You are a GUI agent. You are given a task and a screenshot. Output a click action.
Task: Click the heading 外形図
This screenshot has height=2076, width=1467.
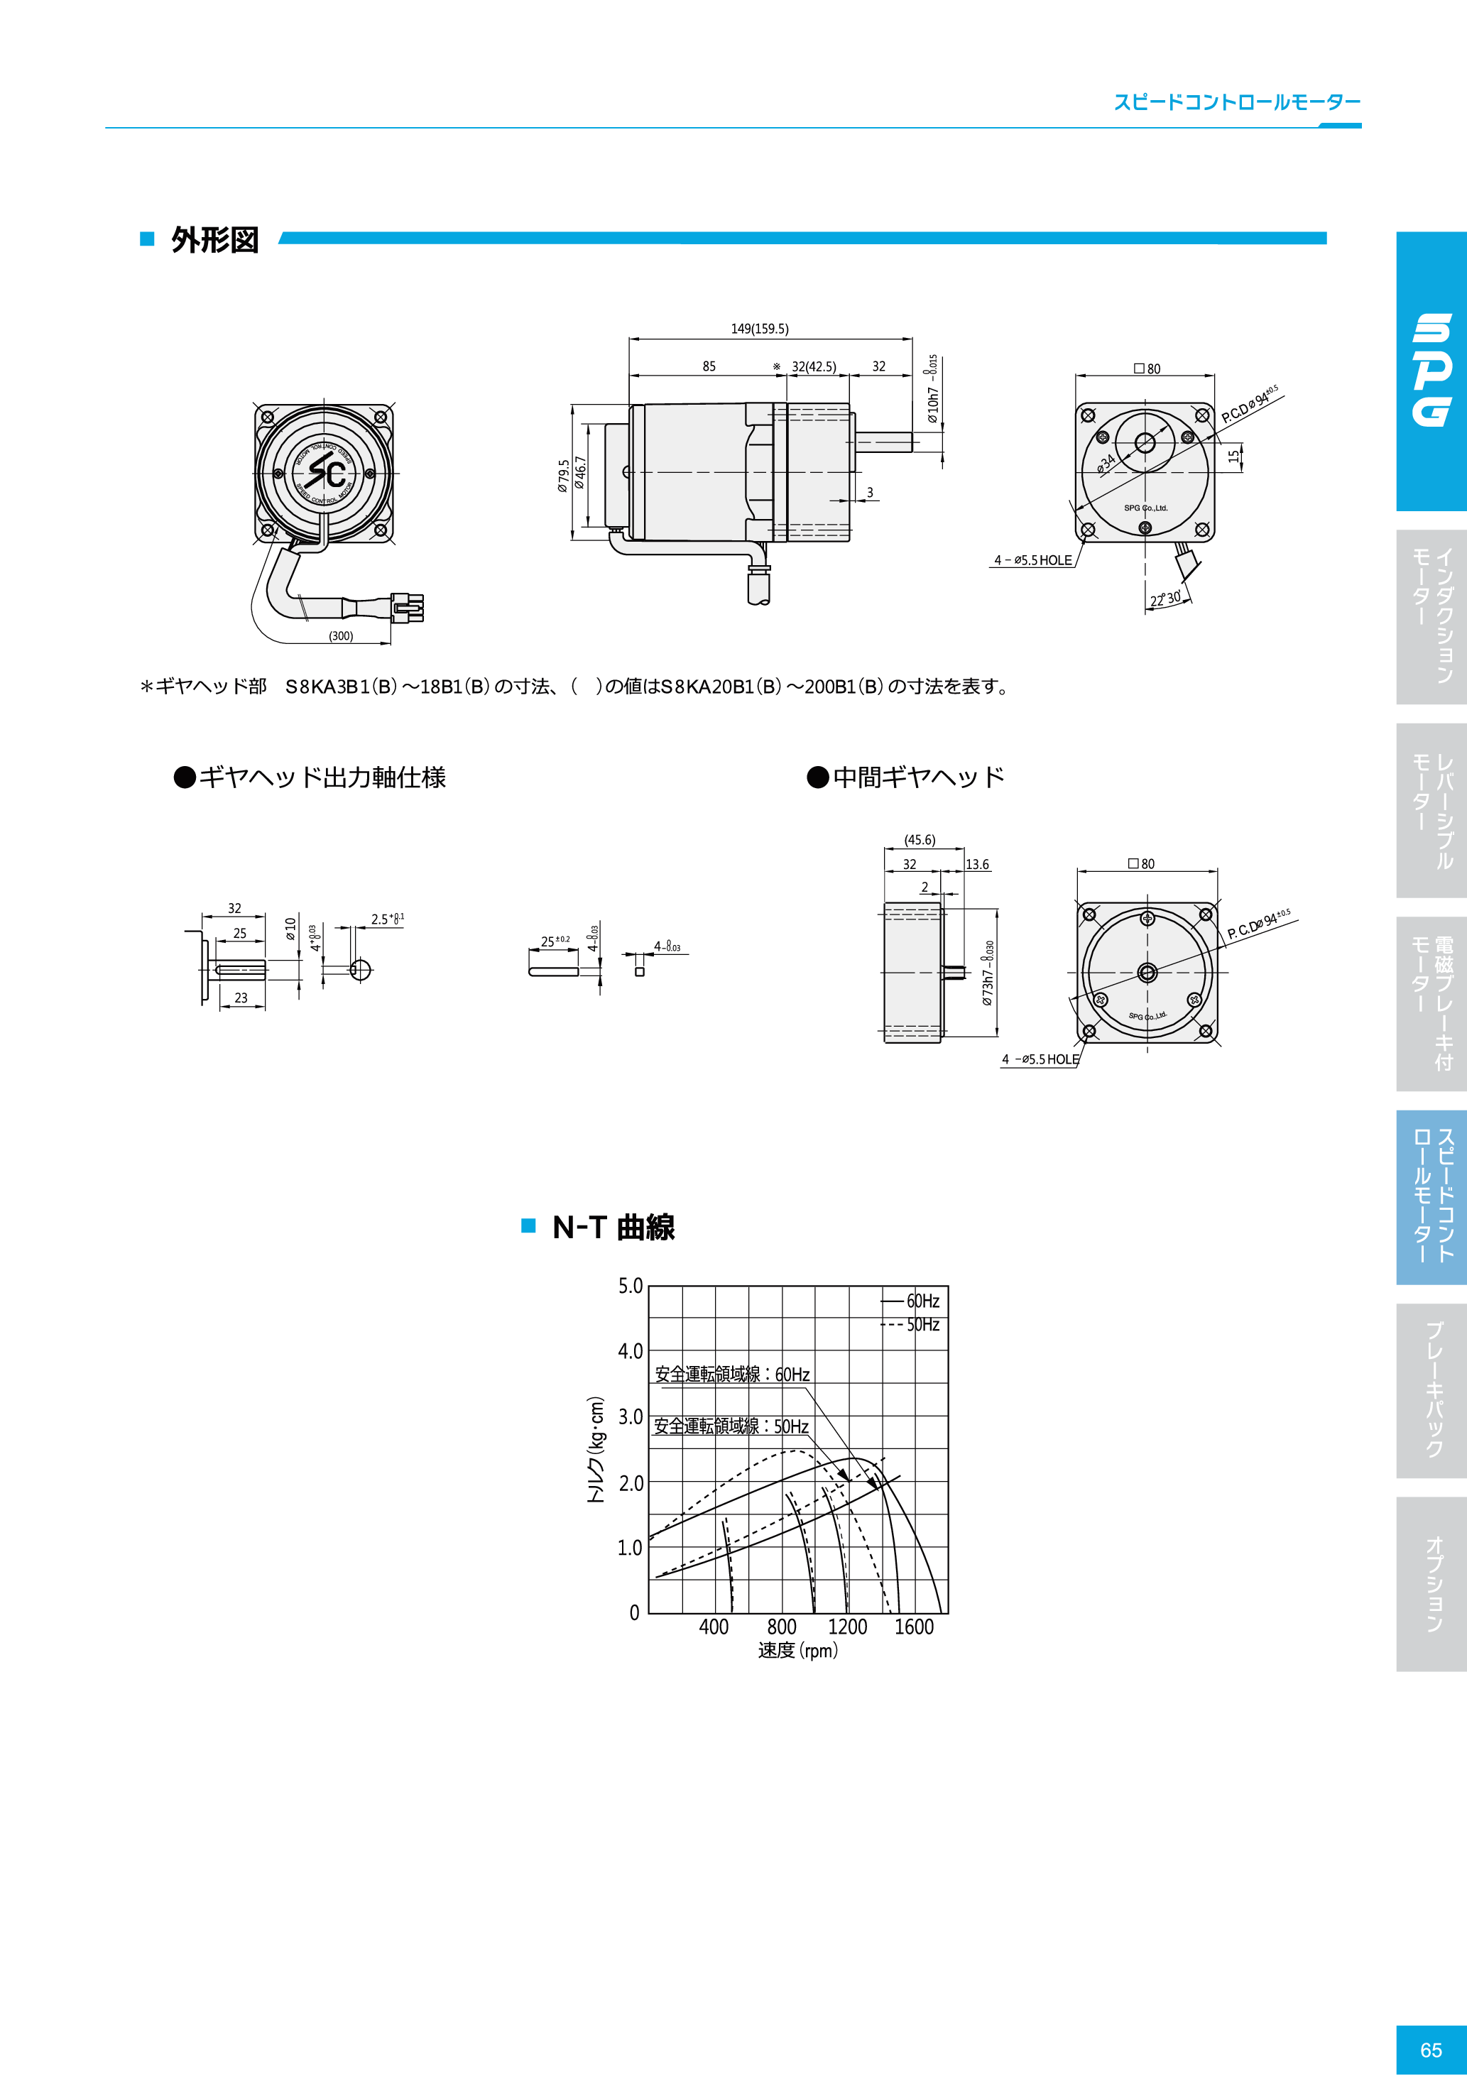(x=214, y=239)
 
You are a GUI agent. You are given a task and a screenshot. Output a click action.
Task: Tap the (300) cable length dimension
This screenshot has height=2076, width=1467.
(x=341, y=635)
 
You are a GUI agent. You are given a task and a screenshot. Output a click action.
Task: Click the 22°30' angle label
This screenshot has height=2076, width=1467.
(x=1165, y=599)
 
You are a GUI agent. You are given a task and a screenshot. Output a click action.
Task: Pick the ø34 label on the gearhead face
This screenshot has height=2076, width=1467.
(x=1106, y=464)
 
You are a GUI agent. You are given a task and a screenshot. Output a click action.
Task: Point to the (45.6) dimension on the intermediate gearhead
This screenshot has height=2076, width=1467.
(x=920, y=840)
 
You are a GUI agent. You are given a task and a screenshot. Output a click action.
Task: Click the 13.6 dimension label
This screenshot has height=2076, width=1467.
(x=977, y=864)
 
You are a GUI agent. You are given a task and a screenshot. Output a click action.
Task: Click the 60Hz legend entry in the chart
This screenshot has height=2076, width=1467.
(x=922, y=1301)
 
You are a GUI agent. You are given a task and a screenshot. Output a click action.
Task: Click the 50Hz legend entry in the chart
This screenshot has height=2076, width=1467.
(x=922, y=1325)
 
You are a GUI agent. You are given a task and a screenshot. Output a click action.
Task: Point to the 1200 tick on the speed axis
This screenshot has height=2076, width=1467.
(x=847, y=1627)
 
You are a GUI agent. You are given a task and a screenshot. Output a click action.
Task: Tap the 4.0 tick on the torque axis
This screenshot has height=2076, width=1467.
(x=631, y=1351)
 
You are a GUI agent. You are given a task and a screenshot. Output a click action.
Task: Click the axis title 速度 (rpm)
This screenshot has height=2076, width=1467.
(x=797, y=1650)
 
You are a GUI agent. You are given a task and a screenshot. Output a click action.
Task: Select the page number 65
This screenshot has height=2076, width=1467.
(x=1431, y=2050)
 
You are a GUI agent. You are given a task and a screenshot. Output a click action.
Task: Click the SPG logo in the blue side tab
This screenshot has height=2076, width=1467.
(x=1433, y=370)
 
